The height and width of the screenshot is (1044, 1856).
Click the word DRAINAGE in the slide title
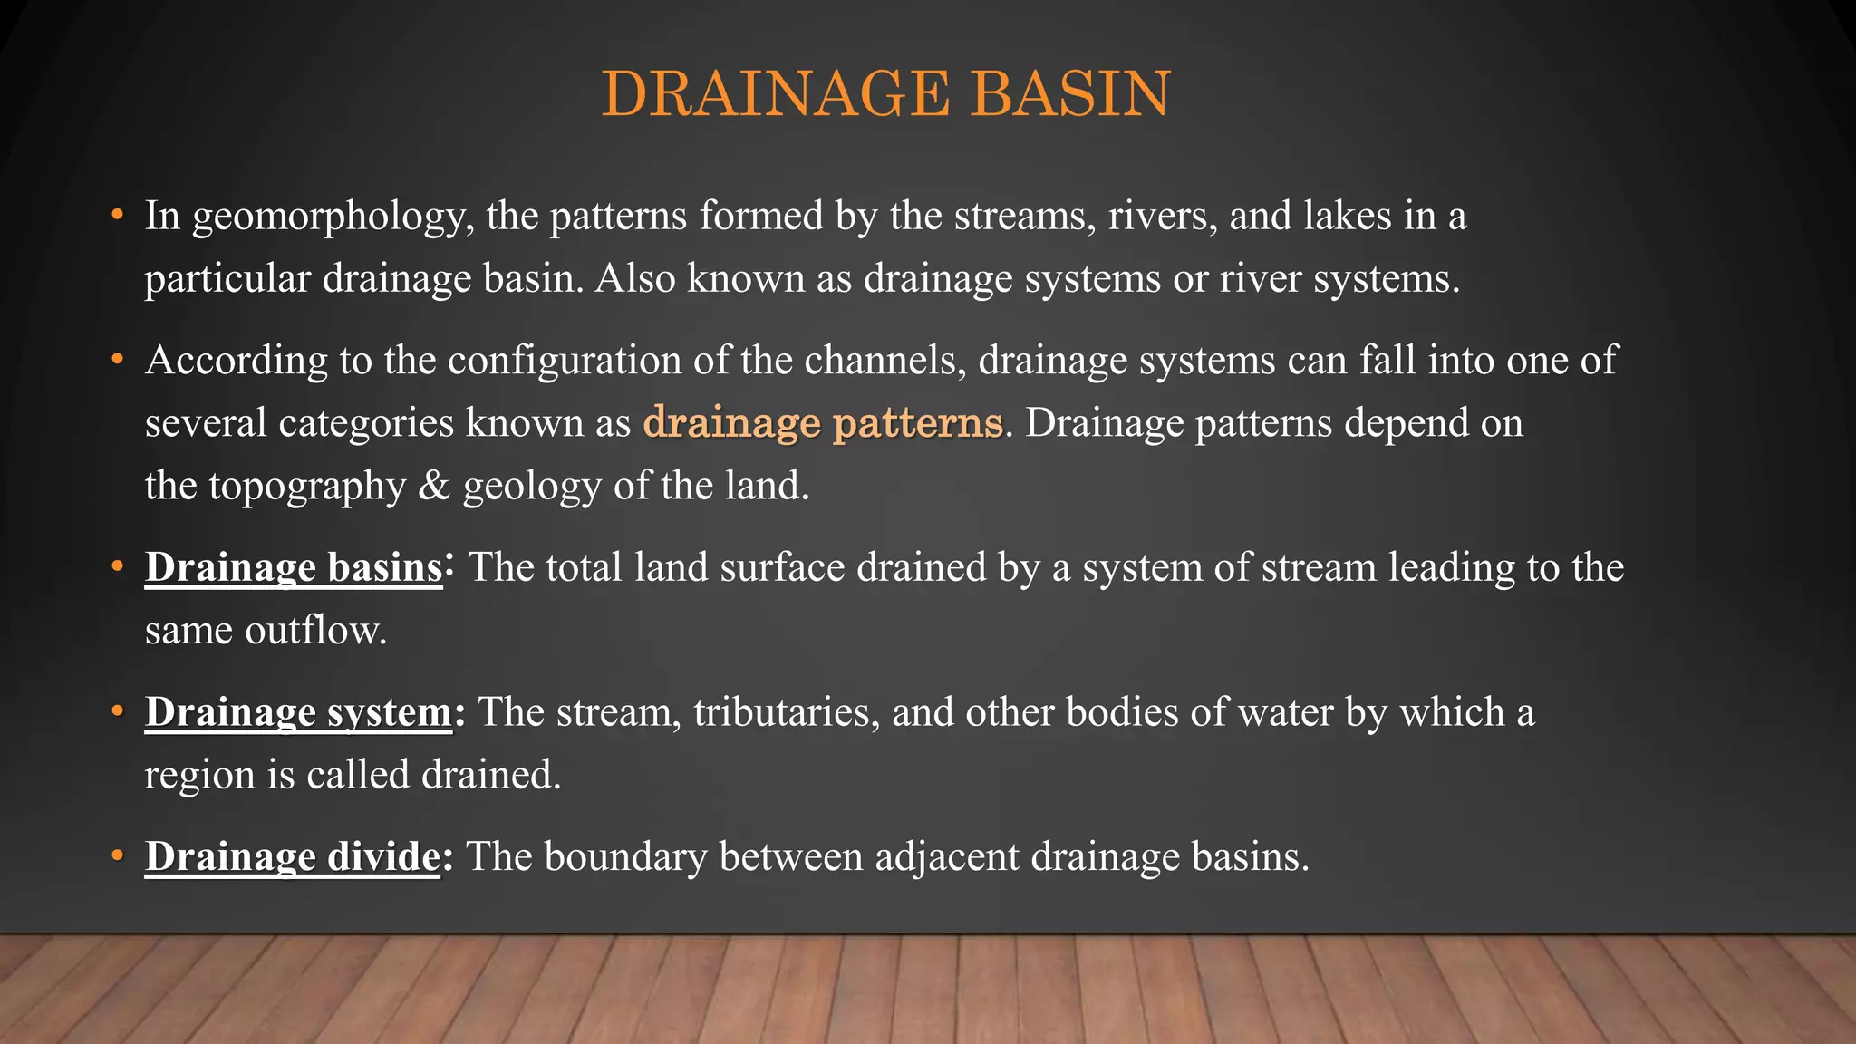(776, 93)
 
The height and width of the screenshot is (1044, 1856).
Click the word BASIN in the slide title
(1070, 93)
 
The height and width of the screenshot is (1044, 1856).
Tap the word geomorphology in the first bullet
(333, 217)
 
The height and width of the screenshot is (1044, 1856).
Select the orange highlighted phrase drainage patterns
(823, 422)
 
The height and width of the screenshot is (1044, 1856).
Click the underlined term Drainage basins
(294, 567)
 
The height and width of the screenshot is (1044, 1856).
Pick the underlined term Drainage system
(298, 712)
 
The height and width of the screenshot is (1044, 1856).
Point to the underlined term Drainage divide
(293, 856)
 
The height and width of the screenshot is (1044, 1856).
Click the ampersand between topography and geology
(434, 486)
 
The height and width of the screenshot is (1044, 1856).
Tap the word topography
(307, 487)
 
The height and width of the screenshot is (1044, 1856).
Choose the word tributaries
(787, 712)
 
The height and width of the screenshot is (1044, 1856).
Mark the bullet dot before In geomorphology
(117, 216)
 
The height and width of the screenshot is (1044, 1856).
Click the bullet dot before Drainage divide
(117, 856)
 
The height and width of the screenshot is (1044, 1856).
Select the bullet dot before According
(117, 360)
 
